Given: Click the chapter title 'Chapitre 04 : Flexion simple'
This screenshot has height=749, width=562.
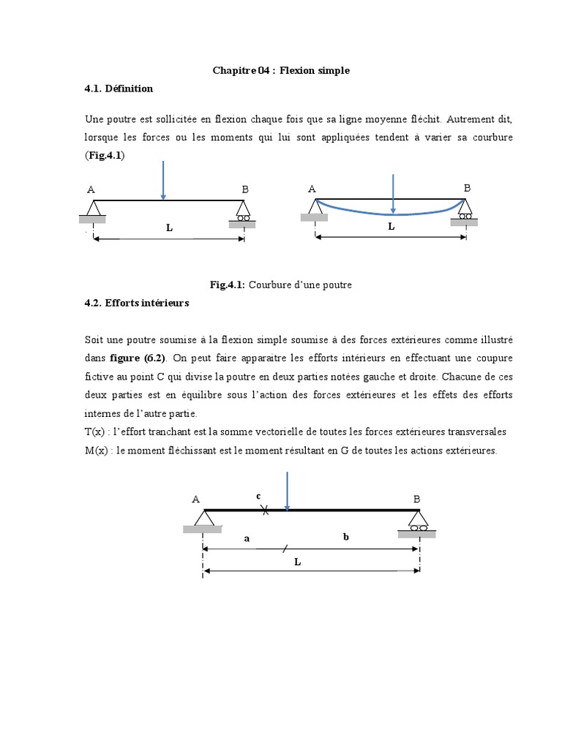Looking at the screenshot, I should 281,71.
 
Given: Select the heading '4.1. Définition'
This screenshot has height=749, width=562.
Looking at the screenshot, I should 119,89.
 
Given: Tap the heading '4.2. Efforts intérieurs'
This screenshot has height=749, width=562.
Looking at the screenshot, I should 136,303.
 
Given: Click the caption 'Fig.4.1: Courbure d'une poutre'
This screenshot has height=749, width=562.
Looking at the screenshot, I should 281,285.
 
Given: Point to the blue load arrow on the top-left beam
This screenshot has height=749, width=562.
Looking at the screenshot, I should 163,180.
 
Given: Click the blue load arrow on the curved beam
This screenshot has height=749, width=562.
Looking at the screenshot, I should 394,195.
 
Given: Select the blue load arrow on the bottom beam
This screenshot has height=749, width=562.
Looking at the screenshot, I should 288,491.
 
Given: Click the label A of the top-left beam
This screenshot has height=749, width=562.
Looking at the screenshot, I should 91,189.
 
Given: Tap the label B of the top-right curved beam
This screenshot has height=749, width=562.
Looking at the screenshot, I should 468,188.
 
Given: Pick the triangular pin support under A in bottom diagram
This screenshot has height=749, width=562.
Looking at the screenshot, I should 203,518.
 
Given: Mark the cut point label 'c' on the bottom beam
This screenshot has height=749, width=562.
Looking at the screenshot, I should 258,496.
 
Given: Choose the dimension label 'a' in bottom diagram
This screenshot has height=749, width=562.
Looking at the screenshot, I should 247,538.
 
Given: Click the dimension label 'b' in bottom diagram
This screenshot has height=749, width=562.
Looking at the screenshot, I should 346,536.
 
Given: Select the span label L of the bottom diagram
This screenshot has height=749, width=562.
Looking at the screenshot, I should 297,562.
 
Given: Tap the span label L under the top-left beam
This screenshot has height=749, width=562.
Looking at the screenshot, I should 169,227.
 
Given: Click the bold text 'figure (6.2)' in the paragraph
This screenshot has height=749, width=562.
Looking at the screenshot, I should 138,358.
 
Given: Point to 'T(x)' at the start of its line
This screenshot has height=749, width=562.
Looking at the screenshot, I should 96,432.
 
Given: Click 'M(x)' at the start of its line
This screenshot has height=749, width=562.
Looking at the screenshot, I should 97,451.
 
